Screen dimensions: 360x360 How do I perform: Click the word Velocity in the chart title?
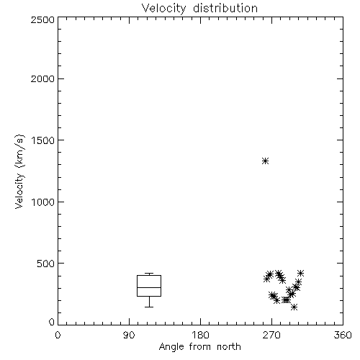point(163,9)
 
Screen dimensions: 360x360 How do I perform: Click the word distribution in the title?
point(225,8)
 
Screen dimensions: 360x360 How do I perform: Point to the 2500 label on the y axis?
point(42,19)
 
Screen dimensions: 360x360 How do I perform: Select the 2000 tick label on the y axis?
point(42,78)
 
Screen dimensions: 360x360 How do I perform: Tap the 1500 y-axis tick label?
point(43,140)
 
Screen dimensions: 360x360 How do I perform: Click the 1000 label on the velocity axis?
point(43,202)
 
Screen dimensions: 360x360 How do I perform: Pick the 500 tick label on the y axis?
point(46,264)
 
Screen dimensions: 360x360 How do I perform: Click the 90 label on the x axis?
point(129,335)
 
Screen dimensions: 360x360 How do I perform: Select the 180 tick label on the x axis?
point(200,335)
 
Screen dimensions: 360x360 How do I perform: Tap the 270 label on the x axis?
point(271,335)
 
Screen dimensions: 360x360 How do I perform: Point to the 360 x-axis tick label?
point(343,335)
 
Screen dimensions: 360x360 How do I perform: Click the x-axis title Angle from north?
point(200,347)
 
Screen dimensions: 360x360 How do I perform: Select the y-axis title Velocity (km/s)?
point(19,171)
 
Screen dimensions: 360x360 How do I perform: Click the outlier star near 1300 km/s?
point(265,161)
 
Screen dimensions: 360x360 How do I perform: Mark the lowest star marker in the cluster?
point(294,307)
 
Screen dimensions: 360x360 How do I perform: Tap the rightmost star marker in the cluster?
point(300,273)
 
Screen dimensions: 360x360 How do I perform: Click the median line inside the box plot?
point(149,287)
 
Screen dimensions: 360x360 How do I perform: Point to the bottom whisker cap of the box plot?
point(149,307)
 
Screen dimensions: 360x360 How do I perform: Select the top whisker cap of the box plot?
point(149,274)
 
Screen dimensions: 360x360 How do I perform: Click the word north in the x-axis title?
point(229,346)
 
